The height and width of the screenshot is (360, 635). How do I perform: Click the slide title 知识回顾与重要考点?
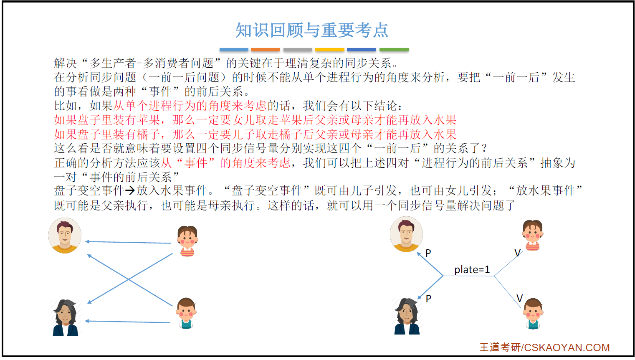(x=311, y=30)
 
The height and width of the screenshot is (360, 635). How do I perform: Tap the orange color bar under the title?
(x=265, y=50)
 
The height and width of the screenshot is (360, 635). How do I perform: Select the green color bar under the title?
(x=394, y=50)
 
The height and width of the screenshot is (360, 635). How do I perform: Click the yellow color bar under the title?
(x=330, y=50)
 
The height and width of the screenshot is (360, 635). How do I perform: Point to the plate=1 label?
(x=472, y=270)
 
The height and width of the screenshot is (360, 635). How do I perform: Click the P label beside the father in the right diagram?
(x=428, y=253)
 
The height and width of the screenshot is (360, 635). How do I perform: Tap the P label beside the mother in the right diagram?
(x=428, y=299)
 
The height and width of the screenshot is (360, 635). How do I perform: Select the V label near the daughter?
(x=518, y=253)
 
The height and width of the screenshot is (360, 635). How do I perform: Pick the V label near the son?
(x=520, y=298)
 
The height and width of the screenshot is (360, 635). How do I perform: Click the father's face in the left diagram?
(x=65, y=235)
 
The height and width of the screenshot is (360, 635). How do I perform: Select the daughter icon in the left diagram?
(x=187, y=241)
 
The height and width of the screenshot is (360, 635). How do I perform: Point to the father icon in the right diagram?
(x=406, y=234)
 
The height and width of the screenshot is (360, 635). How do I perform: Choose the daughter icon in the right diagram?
(x=532, y=235)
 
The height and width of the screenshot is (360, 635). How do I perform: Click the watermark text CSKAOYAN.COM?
(x=567, y=347)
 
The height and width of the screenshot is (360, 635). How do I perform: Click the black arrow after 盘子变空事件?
(x=130, y=191)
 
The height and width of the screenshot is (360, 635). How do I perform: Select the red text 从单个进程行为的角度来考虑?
(x=190, y=106)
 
